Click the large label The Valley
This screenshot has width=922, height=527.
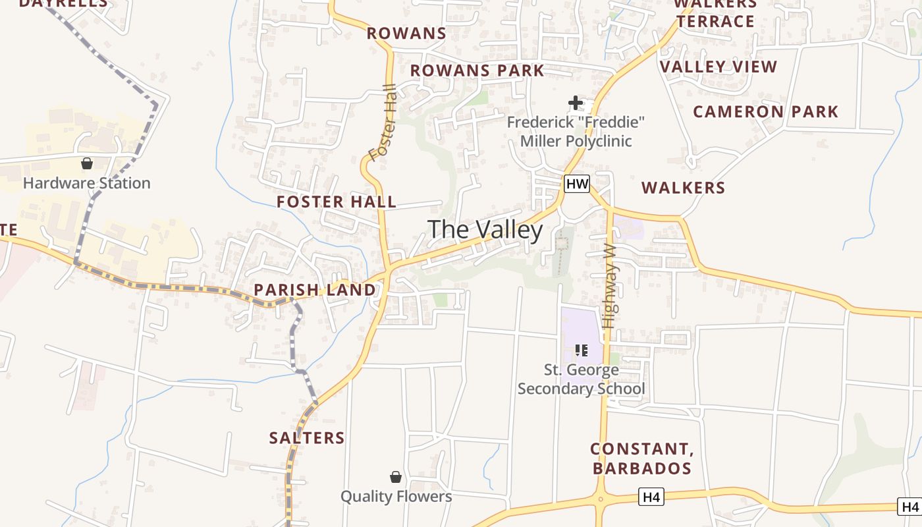(x=485, y=230)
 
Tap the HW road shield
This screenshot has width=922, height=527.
(x=577, y=184)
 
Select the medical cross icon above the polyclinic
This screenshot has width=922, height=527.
(x=576, y=103)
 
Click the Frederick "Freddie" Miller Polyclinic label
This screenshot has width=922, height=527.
(x=576, y=132)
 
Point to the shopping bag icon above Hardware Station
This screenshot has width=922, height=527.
(x=87, y=163)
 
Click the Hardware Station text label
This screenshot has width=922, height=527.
(x=87, y=183)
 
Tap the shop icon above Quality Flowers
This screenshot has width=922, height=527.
(x=396, y=477)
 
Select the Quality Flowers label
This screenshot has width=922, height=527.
(x=396, y=496)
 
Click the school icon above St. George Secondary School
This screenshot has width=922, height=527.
(x=581, y=350)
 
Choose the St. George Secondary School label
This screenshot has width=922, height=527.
(x=581, y=379)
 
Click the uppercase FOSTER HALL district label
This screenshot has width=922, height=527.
(x=337, y=202)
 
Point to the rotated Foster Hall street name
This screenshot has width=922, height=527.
(x=384, y=123)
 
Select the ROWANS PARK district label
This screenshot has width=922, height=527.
(x=477, y=70)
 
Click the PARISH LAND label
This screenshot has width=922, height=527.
(x=315, y=290)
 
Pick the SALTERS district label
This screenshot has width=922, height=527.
(x=307, y=438)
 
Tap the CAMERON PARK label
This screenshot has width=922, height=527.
(x=766, y=112)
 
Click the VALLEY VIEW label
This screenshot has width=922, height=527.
(x=719, y=67)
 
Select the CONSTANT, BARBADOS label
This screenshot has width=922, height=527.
(x=641, y=458)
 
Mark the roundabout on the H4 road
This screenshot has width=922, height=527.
(x=601, y=499)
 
